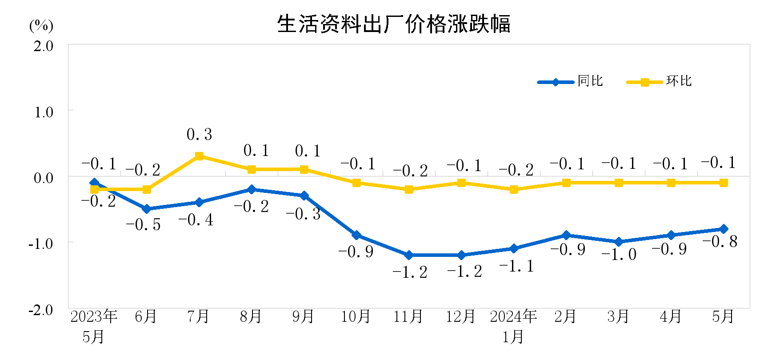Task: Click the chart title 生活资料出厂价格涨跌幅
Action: tap(394, 24)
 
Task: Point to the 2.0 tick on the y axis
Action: tap(43, 46)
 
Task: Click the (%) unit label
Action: tap(41, 25)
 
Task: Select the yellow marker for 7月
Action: tap(199, 156)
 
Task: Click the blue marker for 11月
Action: tap(409, 255)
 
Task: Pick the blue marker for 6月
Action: tap(147, 209)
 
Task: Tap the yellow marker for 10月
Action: tap(356, 183)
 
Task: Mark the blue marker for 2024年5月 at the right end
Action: tap(723, 229)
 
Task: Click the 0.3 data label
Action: tap(199, 134)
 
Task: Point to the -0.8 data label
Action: tap(720, 241)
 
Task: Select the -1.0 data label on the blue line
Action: tap(619, 254)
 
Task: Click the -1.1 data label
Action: tap(516, 266)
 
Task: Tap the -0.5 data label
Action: tap(143, 224)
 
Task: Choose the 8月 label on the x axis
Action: tap(251, 316)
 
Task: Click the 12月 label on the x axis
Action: tap(460, 316)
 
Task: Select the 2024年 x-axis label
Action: tap(513, 316)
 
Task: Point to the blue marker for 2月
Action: tap(566, 235)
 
